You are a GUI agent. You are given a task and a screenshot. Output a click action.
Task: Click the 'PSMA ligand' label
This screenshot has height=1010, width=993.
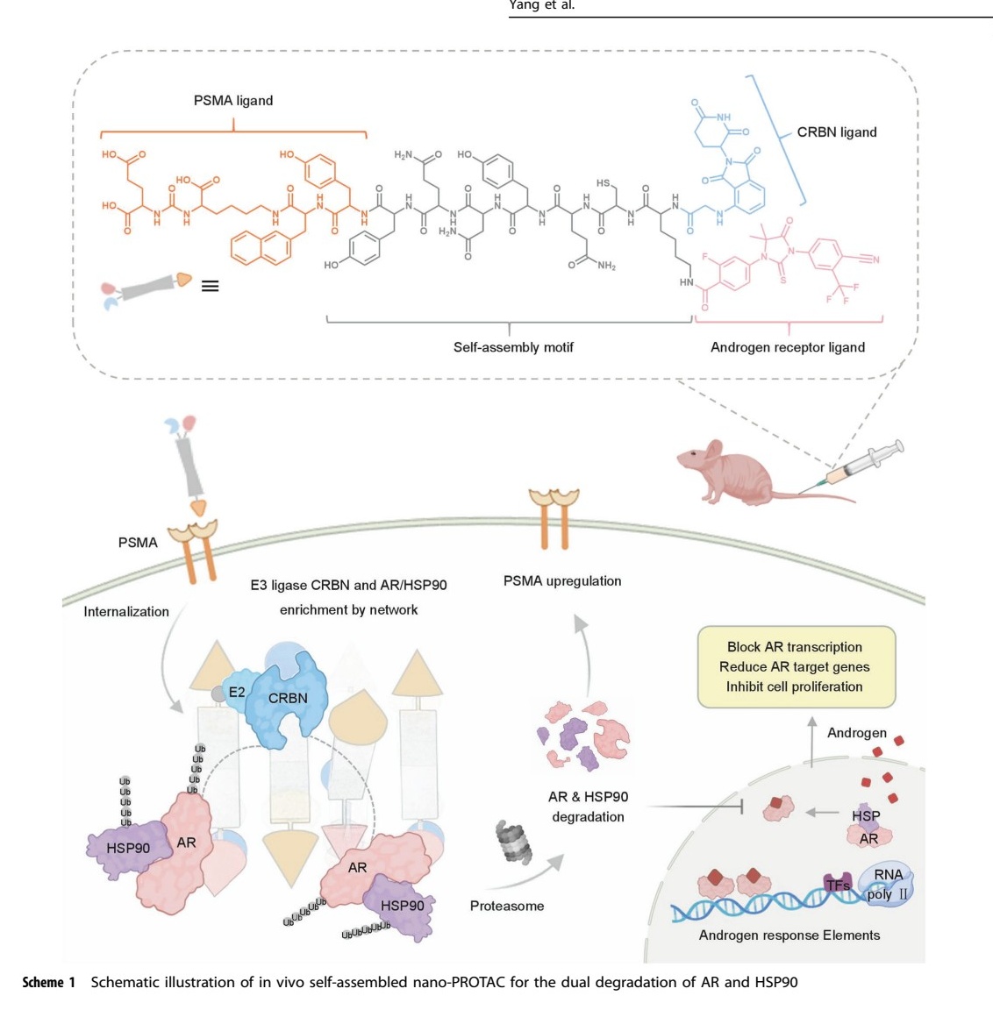[x=232, y=101]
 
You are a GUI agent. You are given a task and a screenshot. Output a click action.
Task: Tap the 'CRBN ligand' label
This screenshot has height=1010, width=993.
[x=836, y=132]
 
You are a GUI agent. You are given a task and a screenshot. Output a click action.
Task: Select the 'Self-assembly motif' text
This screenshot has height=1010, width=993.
[x=513, y=347]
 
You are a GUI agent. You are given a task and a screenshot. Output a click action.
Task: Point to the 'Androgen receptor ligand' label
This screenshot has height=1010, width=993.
[x=787, y=347]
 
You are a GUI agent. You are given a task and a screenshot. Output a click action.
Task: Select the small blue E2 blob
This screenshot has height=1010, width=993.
[x=235, y=692]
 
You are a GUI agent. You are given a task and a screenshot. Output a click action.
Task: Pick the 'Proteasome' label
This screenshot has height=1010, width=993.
[x=506, y=906]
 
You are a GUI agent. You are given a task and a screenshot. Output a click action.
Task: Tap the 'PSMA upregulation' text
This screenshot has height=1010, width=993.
[x=562, y=580]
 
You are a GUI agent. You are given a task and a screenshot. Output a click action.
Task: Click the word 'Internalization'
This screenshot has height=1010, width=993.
[x=126, y=612]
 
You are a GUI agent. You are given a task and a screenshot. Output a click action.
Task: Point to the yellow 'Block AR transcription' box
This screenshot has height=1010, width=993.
[x=795, y=666]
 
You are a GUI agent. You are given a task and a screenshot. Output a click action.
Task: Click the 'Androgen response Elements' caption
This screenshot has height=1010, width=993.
[x=789, y=935]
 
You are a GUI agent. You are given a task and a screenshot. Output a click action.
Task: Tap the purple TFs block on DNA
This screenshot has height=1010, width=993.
[x=837, y=885]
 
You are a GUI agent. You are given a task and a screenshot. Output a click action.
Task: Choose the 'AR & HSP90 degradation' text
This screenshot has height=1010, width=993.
[x=588, y=807]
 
